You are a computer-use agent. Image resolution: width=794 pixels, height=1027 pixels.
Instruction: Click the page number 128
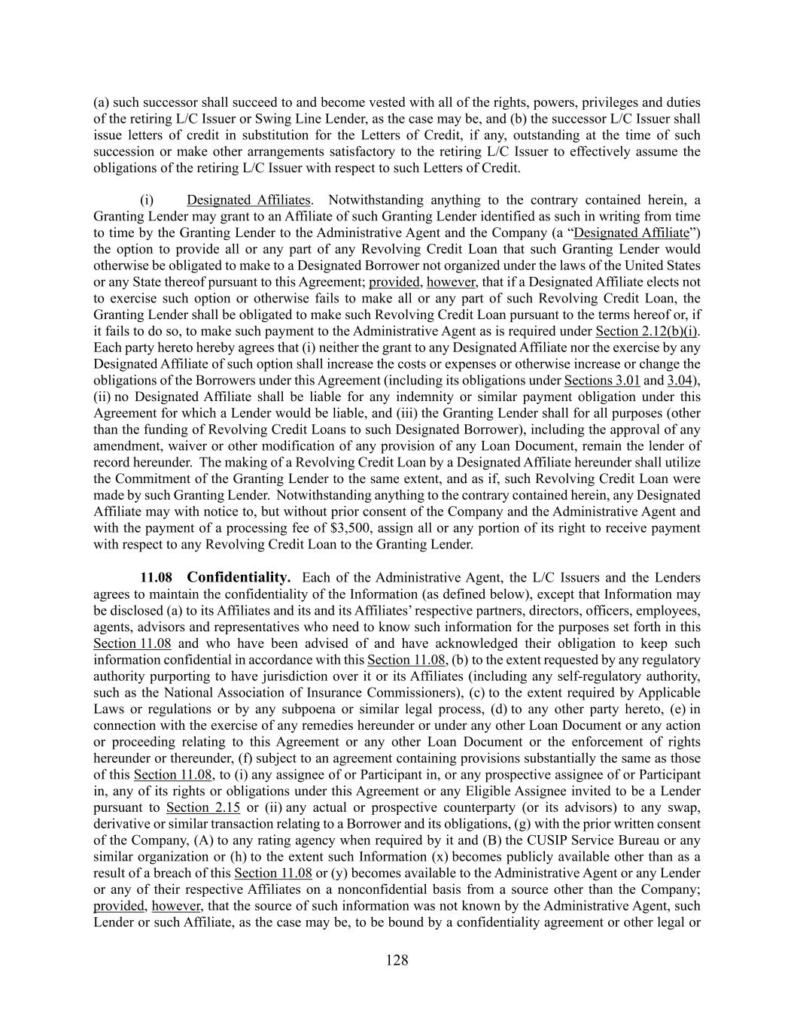click(397, 960)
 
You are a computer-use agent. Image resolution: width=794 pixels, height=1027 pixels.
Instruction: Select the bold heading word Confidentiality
click(239, 578)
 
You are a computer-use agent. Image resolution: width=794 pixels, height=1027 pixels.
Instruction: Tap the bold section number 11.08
click(157, 578)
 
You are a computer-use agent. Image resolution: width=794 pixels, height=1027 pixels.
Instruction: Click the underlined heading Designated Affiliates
click(248, 200)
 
